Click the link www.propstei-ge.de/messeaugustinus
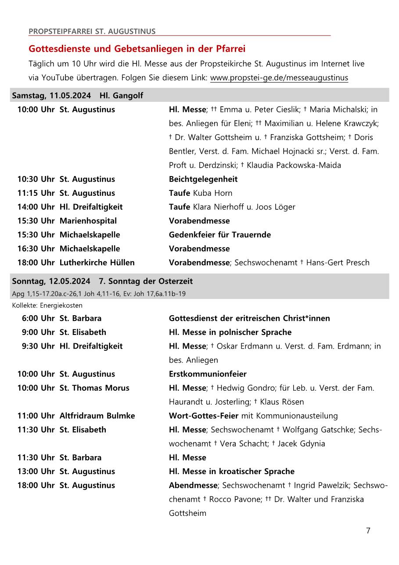click(x=279, y=78)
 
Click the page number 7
click(x=368, y=531)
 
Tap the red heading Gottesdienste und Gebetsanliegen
click(x=137, y=49)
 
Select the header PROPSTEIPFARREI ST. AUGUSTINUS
click(x=92, y=31)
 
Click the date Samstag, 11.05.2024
click(x=51, y=95)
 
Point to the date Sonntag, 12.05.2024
click(x=51, y=281)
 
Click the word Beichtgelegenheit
click(x=203, y=179)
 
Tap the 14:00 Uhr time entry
click(x=36, y=207)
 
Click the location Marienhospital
click(x=88, y=221)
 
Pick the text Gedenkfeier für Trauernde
click(x=219, y=235)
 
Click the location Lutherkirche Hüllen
click(x=97, y=263)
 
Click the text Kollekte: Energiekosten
click(x=47, y=306)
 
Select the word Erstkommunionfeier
click(x=208, y=374)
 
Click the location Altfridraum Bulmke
click(x=97, y=416)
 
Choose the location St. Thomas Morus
click(x=94, y=388)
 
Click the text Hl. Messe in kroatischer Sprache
click(x=231, y=471)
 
